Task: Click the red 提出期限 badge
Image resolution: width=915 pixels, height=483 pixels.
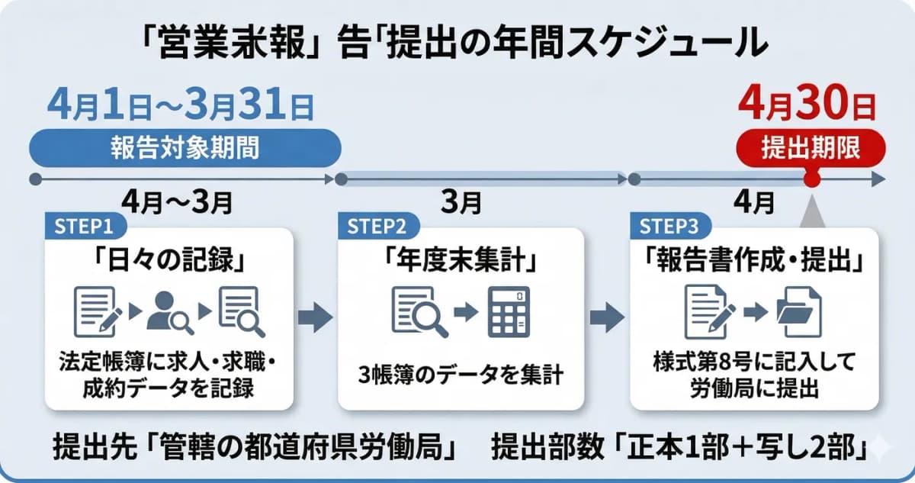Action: click(x=811, y=147)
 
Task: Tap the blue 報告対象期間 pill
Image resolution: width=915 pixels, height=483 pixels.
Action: click(x=185, y=147)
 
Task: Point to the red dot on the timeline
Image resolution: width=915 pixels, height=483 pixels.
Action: click(x=811, y=180)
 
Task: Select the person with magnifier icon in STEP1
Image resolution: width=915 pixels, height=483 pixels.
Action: click(x=169, y=311)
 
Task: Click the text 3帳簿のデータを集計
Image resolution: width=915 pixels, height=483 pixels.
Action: click(x=461, y=375)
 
